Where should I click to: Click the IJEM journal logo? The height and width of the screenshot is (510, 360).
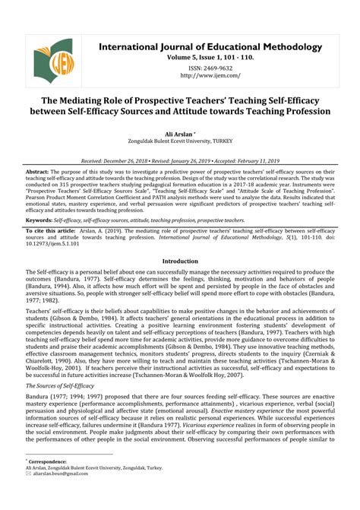(x=54, y=60)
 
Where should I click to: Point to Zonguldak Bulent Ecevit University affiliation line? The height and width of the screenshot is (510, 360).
(x=181, y=141)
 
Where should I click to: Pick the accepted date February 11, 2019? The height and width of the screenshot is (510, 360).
(x=256, y=161)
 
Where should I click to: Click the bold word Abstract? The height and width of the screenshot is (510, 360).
(x=38, y=172)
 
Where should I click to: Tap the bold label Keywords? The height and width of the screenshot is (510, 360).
(x=39, y=219)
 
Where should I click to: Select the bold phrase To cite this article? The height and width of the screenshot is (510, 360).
(x=51, y=229)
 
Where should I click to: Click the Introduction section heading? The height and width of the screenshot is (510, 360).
(x=180, y=261)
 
